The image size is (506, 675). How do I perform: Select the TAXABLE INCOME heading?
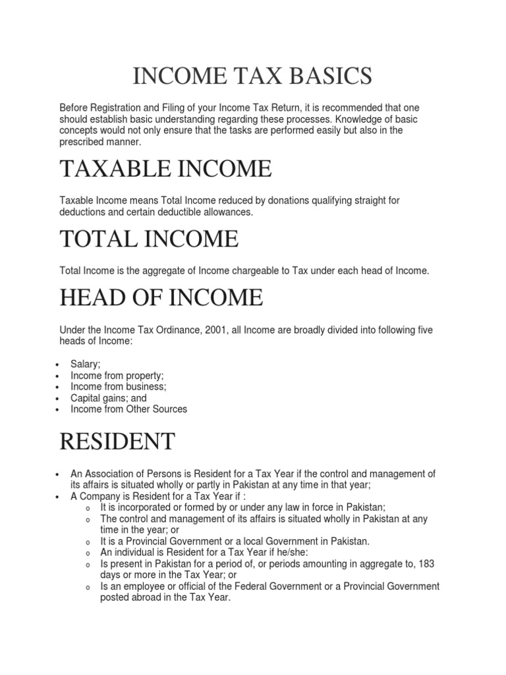click(165, 169)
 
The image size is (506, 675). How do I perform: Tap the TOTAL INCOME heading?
click(149, 238)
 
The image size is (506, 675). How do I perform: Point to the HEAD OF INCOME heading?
click(161, 298)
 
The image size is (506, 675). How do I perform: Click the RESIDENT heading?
click(117, 441)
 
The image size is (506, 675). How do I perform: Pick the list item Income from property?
click(117, 375)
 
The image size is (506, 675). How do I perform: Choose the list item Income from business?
click(119, 386)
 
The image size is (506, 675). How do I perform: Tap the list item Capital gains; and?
click(109, 397)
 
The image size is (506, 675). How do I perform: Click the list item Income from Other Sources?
click(129, 409)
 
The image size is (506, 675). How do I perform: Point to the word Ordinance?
click(169, 330)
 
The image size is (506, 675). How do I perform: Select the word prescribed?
click(86, 142)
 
